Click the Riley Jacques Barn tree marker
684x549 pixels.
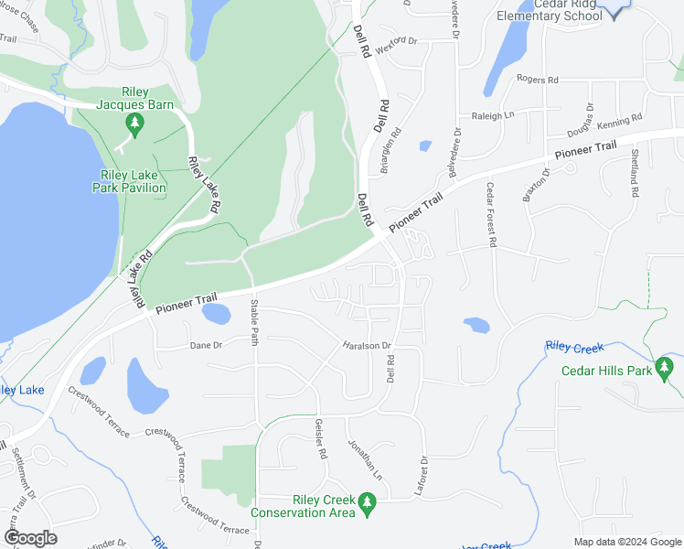pyautogui.click(x=135, y=125)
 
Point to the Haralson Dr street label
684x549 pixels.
pyautogui.click(x=367, y=346)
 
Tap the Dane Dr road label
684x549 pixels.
pyautogui.click(x=206, y=345)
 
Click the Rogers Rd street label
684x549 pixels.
pyautogui.click(x=537, y=80)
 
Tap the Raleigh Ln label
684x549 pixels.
pyautogui.click(x=493, y=115)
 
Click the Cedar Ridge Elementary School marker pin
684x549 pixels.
pyautogui.click(x=615, y=8)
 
